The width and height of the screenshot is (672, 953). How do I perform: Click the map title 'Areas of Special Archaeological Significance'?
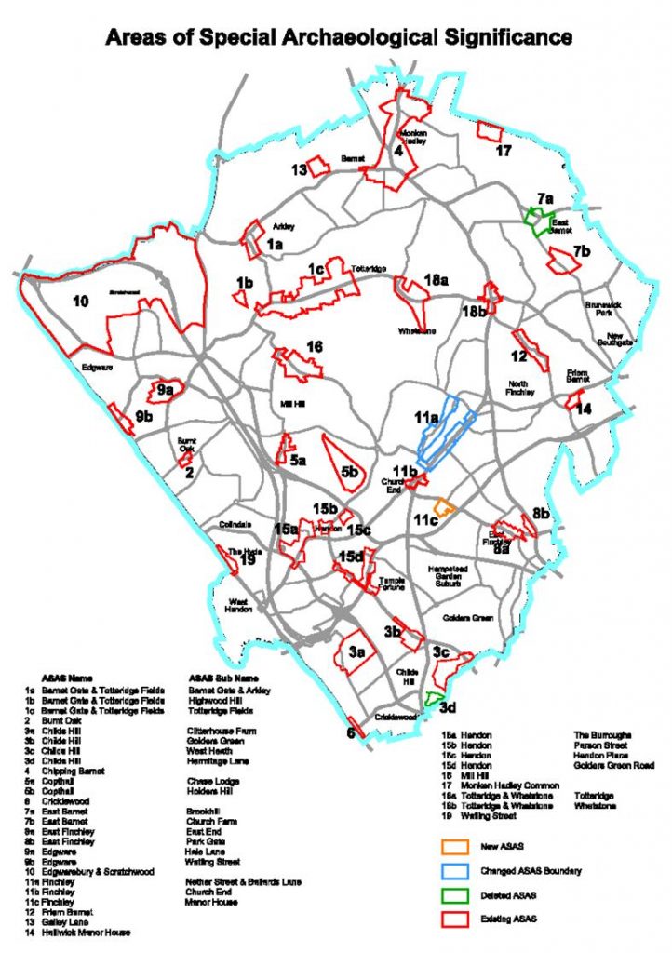[337, 38]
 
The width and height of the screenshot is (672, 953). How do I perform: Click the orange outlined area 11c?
[444, 506]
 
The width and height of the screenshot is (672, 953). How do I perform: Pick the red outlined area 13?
[319, 167]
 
